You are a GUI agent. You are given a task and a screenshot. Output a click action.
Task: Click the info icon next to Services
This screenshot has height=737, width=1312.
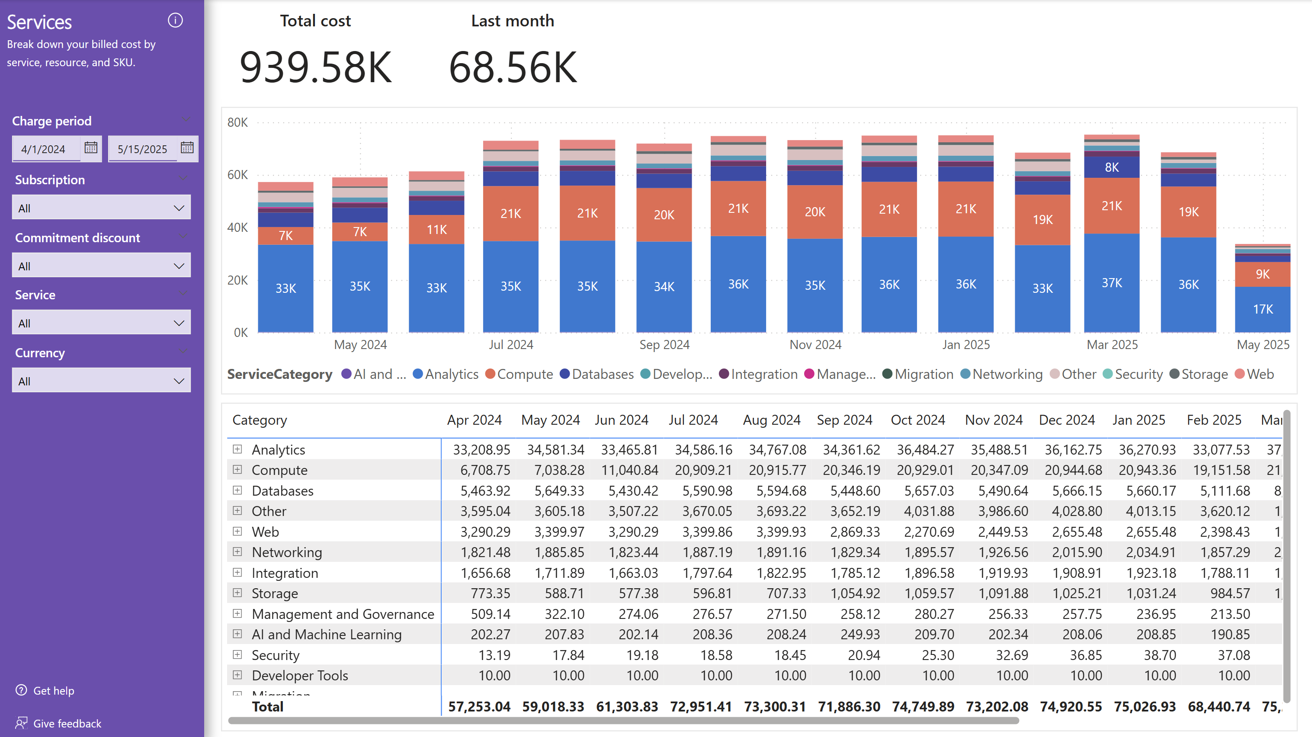pos(175,20)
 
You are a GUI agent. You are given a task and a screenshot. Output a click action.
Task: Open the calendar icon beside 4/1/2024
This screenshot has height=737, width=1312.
pos(91,148)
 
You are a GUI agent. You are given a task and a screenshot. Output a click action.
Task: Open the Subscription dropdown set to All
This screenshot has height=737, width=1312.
pos(101,208)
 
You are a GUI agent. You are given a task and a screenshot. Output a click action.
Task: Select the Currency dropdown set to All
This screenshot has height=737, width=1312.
pos(101,381)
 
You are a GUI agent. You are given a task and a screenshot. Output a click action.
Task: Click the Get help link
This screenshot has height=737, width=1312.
pos(54,691)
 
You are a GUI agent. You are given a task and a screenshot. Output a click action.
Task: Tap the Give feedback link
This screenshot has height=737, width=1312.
pos(67,723)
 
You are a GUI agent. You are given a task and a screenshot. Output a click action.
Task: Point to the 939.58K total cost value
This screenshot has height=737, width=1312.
pos(315,67)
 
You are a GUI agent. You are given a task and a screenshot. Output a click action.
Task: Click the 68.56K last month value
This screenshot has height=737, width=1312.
pos(512,67)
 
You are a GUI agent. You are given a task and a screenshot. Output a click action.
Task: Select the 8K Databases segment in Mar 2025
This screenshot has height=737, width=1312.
pos(1111,167)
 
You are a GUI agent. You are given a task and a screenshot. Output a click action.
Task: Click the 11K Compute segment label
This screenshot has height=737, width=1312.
pos(436,230)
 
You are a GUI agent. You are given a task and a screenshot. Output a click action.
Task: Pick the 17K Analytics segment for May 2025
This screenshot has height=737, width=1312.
pos(1263,309)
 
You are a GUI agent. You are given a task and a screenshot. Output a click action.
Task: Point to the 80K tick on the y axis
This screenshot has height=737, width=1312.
pos(237,122)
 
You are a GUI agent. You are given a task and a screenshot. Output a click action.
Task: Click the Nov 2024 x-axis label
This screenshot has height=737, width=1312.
pos(815,345)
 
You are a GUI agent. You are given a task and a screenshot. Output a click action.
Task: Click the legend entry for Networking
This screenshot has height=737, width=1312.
pos(1007,375)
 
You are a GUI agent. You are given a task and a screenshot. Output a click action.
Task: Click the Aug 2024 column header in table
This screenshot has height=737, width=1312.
pos(771,420)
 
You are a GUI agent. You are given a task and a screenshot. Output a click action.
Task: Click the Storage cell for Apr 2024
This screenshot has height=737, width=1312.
pos(490,593)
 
